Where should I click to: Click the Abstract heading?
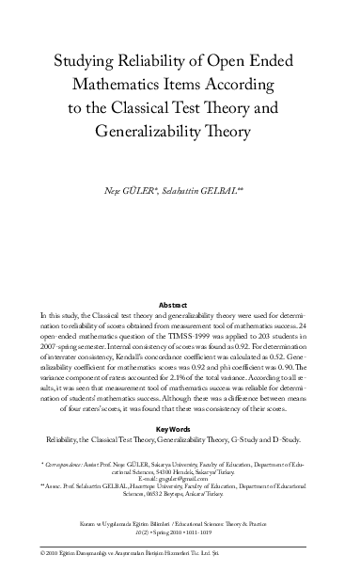(x=180, y=306)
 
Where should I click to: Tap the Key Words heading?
(x=180, y=428)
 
